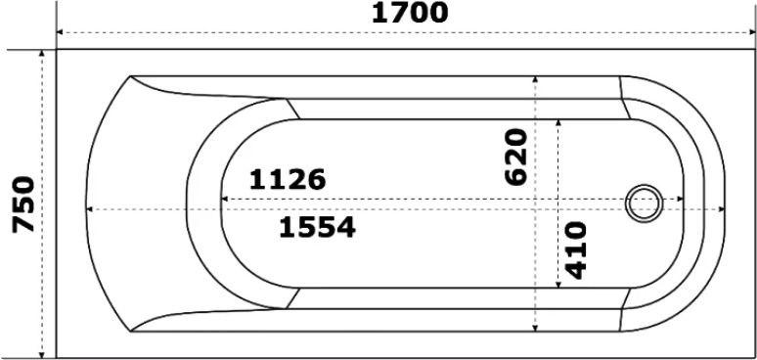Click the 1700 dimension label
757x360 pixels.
410,13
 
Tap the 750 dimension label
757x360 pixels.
23,204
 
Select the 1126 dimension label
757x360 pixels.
288,180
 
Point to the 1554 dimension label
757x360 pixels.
317,227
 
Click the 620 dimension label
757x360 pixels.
515,157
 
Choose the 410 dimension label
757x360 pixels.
575,250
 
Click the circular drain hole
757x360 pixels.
644,203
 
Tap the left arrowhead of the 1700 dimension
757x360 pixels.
60,32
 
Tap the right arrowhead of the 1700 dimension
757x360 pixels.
751,32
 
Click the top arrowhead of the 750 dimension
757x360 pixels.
42,53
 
